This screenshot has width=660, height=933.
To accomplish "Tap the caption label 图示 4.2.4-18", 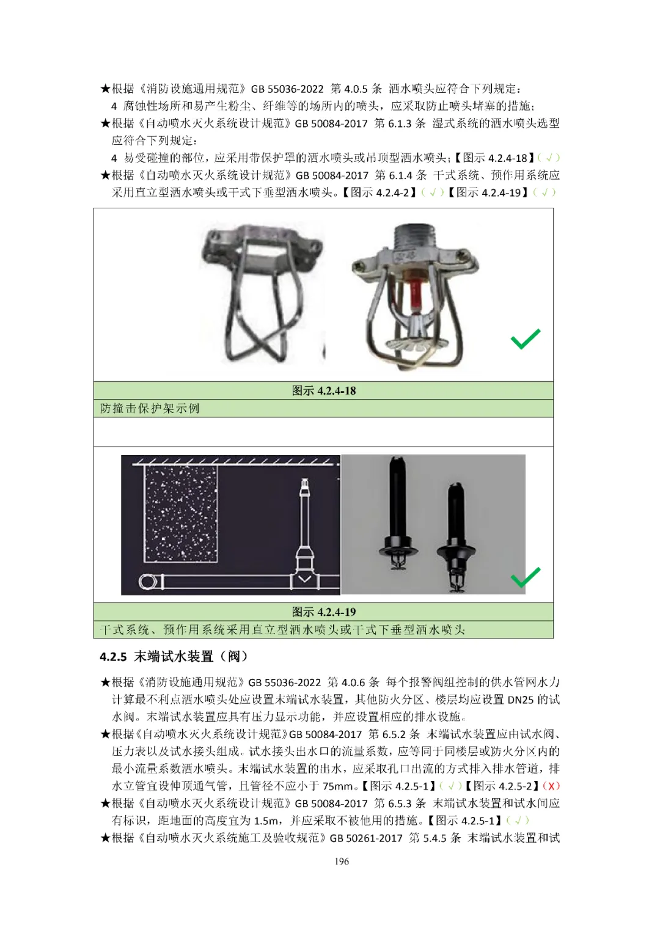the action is (x=324, y=390).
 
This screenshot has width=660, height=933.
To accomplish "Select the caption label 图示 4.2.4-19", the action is (x=324, y=612).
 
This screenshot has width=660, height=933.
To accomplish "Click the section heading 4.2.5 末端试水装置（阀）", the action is (x=174, y=657).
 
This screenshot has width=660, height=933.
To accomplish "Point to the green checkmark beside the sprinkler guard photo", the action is (x=526, y=338).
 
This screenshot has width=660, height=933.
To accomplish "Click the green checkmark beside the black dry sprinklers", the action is (x=526, y=577).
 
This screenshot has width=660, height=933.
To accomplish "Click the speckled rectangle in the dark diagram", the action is (x=180, y=514).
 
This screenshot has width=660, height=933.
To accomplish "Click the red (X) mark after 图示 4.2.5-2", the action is (x=551, y=786).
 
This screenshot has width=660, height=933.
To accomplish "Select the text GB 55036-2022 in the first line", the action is (x=287, y=89).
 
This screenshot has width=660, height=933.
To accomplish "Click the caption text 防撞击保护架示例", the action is (x=150, y=409).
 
